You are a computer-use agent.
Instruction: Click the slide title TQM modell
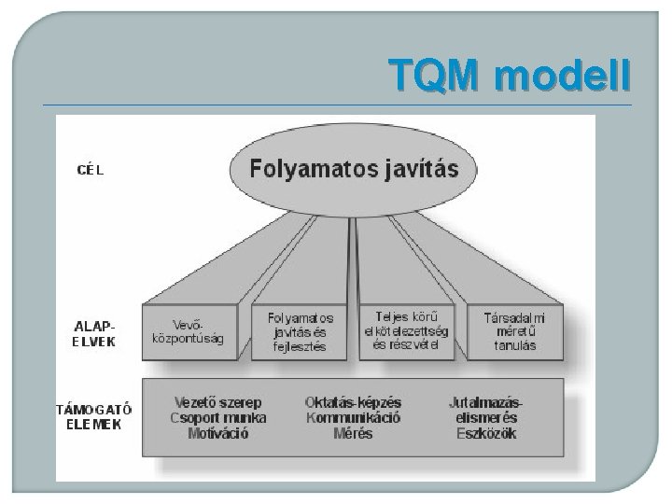(x=510, y=73)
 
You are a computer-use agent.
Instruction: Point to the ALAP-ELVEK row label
(x=94, y=333)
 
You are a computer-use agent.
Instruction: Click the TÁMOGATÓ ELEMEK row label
(x=94, y=415)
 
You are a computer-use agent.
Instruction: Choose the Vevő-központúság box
(x=188, y=332)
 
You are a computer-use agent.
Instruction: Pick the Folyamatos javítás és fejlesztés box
(x=300, y=333)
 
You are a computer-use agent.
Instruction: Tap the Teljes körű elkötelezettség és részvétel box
(x=406, y=331)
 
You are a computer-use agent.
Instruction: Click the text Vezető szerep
(x=218, y=402)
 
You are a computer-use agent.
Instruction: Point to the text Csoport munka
(x=218, y=418)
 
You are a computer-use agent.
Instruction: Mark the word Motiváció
(x=218, y=434)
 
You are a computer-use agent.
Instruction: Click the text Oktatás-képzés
(x=353, y=402)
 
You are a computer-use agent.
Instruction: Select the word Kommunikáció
(x=353, y=418)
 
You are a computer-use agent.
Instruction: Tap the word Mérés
(x=353, y=434)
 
